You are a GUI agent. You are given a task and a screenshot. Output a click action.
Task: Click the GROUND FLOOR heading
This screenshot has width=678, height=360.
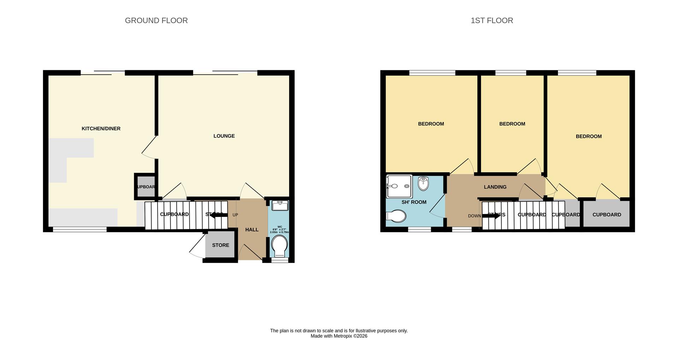pos(156,20)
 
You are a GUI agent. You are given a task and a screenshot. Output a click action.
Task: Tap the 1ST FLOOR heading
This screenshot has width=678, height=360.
pos(492,20)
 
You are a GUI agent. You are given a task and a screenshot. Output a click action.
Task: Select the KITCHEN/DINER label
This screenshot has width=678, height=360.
pos(101,129)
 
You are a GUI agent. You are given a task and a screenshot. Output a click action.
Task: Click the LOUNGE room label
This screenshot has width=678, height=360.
pos(224,136)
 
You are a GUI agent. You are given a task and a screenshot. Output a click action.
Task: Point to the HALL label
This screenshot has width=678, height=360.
pos(252,230)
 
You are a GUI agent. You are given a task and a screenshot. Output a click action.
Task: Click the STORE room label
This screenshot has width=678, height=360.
pos(220,245)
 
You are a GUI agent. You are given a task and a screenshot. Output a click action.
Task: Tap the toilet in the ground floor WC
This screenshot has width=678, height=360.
pos(280,246)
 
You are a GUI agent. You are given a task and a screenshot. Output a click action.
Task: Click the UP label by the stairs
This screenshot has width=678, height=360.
pos(235,215)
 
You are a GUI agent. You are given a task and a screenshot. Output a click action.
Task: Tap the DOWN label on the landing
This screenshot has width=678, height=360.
pos(474,216)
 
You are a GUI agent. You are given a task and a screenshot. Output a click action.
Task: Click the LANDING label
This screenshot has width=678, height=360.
pos(495,187)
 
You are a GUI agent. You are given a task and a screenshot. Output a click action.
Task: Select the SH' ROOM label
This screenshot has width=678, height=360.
pos(414,202)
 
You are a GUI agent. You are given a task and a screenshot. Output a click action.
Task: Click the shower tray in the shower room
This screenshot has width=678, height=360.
pos(399,186)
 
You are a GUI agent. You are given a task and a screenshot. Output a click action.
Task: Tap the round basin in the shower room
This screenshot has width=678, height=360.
pos(423,183)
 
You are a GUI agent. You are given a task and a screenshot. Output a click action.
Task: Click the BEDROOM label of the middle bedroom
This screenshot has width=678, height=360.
pos(512,124)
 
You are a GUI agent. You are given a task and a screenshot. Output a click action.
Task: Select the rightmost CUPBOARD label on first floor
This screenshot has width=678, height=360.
pos(607,215)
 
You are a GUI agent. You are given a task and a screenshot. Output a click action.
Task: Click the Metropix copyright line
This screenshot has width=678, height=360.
pos(339,336)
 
